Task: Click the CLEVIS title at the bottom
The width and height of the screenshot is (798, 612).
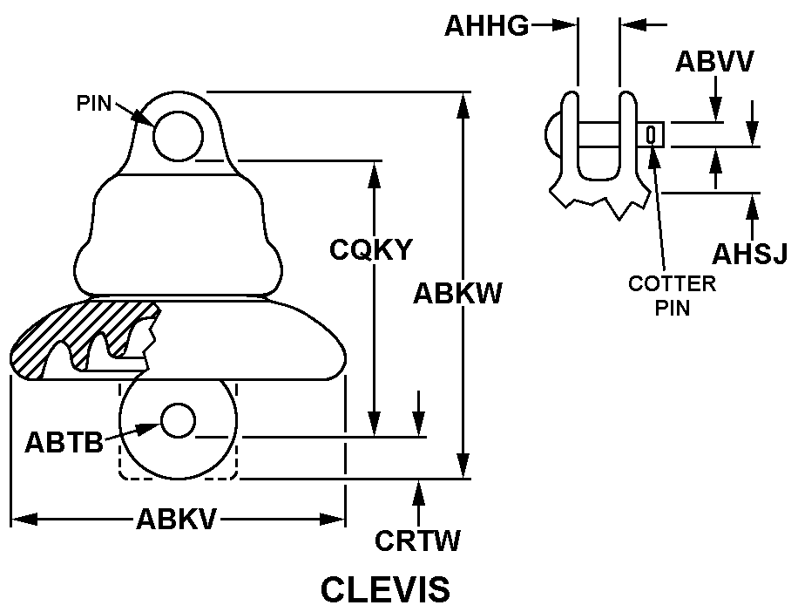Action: tap(385, 589)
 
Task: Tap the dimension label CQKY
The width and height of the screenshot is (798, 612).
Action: tap(370, 249)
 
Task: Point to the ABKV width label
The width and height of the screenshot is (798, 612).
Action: tap(176, 520)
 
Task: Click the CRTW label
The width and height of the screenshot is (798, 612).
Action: tap(417, 541)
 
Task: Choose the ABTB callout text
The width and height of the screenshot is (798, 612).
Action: tap(64, 442)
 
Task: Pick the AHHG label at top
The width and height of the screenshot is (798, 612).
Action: tap(486, 25)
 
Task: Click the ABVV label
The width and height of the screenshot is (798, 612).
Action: tap(714, 62)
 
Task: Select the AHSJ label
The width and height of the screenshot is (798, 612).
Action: tap(750, 254)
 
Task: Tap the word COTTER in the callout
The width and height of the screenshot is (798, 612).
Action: tap(672, 283)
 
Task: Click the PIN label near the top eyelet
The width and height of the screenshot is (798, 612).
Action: tap(94, 104)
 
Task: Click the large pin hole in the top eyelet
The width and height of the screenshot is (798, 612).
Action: tap(178, 137)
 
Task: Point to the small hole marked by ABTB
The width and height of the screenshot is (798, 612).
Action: tap(178, 420)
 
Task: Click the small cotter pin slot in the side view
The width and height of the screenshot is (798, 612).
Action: tap(651, 135)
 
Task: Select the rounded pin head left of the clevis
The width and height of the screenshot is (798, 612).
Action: tap(553, 135)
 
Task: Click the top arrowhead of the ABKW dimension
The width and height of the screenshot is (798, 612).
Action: tap(463, 105)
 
